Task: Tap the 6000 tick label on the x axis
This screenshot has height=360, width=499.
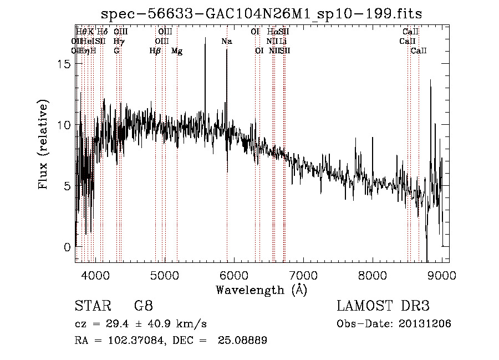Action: tap(234, 274)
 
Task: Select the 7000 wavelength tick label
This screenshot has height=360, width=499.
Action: tap(303, 274)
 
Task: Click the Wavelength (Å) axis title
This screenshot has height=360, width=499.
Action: tap(261, 290)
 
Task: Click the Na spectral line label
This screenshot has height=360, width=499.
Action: tap(226, 41)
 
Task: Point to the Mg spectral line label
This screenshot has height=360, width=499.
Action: tap(177, 51)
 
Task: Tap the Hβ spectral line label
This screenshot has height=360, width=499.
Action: tap(155, 51)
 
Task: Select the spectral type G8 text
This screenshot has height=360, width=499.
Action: tap(143, 306)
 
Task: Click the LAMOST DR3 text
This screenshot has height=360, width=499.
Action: tap(383, 306)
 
